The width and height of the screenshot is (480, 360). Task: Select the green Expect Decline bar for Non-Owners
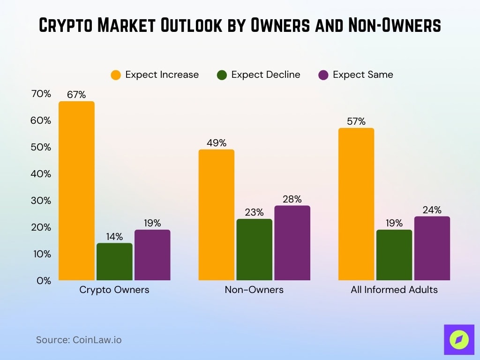pos(254,249)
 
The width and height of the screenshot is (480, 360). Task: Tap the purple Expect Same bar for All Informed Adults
pos(432,248)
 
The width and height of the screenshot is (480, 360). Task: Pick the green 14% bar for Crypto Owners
pos(114,262)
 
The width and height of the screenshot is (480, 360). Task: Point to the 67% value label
pos(76,95)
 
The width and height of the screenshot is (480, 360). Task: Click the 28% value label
pos(292,199)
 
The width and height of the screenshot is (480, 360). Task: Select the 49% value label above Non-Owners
pos(217,143)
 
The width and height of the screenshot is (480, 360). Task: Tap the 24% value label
pos(432,210)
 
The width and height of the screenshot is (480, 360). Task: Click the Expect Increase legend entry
pos(155,75)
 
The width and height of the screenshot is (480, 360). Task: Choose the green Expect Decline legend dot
pos(222,75)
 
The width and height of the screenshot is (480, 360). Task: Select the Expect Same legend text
pos(363,75)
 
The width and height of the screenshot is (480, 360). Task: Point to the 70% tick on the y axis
pos(41,94)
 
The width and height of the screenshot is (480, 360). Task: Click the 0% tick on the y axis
pos(44,280)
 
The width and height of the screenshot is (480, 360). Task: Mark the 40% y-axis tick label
pos(41,174)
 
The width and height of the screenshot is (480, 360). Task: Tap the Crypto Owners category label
pos(114,290)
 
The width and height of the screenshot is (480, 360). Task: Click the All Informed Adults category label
pos(394,290)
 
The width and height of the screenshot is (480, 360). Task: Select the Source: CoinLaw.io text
pos(79,340)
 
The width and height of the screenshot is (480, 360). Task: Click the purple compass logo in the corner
pos(459,339)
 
